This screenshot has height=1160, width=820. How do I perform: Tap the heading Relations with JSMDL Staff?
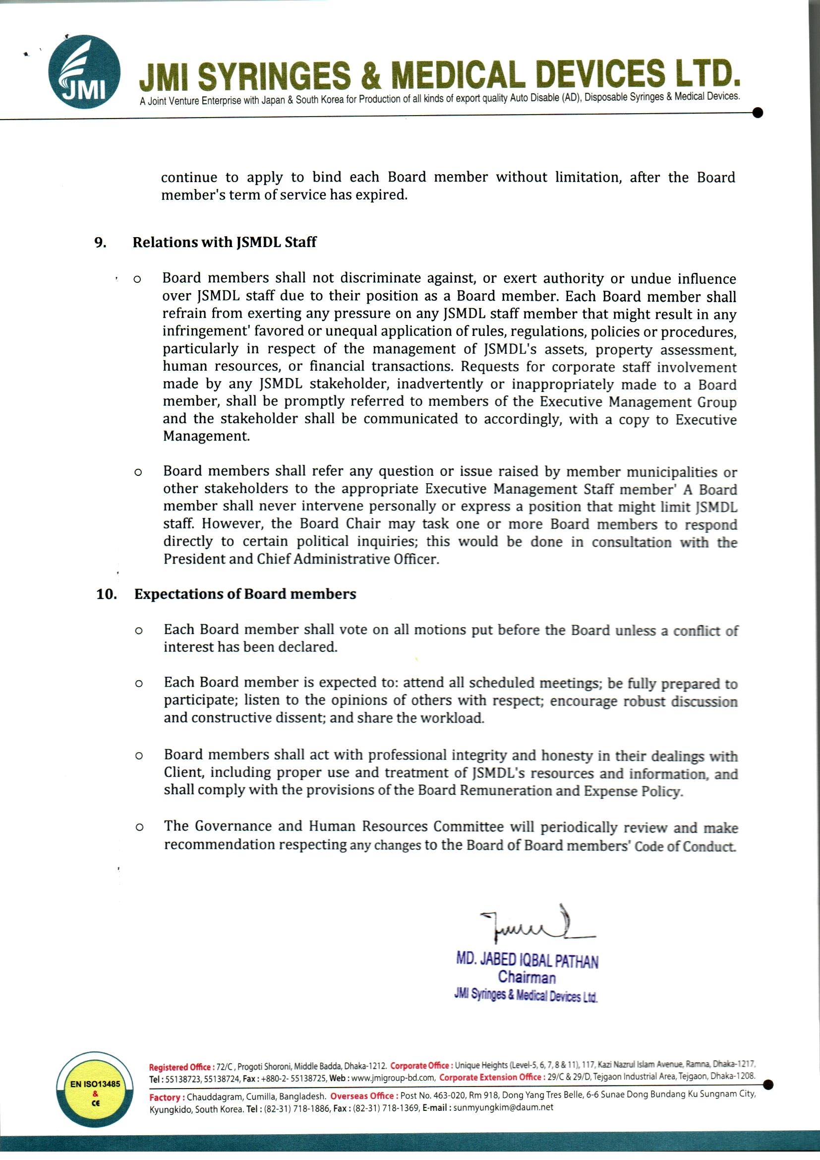point(224,242)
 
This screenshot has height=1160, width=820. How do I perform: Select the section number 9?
point(101,242)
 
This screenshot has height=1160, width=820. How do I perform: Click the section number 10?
point(107,594)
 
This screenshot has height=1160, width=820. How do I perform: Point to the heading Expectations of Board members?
point(245,594)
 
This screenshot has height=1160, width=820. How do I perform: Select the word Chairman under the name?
point(526,977)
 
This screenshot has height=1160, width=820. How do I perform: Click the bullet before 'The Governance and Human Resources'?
point(139,828)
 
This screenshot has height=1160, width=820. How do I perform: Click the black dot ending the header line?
point(757,113)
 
